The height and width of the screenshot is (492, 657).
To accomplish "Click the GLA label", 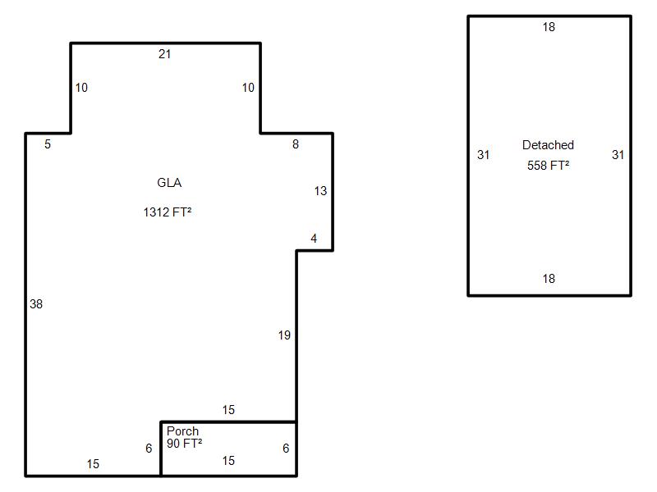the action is pyautogui.click(x=169, y=183).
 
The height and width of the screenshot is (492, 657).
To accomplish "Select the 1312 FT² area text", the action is pyautogui.click(x=168, y=212).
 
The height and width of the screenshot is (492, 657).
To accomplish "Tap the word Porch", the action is pyautogui.click(x=182, y=431).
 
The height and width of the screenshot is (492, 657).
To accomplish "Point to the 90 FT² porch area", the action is pyautogui.click(x=184, y=443).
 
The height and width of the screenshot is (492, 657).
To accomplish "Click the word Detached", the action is pyautogui.click(x=548, y=145).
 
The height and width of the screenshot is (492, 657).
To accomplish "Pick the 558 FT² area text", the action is pyautogui.click(x=548, y=166).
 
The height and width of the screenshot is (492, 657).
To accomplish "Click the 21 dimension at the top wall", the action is pyautogui.click(x=165, y=54).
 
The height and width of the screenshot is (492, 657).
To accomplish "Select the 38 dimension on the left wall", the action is pyautogui.click(x=36, y=304).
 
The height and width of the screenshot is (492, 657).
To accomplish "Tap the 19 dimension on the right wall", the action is pyautogui.click(x=284, y=335).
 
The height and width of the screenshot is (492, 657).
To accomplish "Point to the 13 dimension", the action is pyautogui.click(x=320, y=191).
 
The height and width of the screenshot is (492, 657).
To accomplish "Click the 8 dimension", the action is pyautogui.click(x=296, y=144).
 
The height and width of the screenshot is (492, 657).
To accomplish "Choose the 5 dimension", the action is pyautogui.click(x=48, y=144).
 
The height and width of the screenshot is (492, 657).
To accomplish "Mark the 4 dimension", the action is pyautogui.click(x=314, y=239).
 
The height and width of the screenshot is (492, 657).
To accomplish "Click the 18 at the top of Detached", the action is pyautogui.click(x=549, y=27).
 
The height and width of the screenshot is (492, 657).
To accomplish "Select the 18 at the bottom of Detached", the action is pyautogui.click(x=549, y=279).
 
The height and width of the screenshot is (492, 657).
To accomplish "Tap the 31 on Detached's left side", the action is pyautogui.click(x=483, y=155).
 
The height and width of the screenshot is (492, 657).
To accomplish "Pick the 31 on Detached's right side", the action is pyautogui.click(x=618, y=155).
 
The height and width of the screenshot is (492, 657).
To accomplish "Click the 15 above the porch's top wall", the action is pyautogui.click(x=228, y=410).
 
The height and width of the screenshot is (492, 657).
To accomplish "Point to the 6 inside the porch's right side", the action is pyautogui.click(x=286, y=449).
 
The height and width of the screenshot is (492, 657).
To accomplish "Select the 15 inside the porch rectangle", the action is pyautogui.click(x=228, y=461).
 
